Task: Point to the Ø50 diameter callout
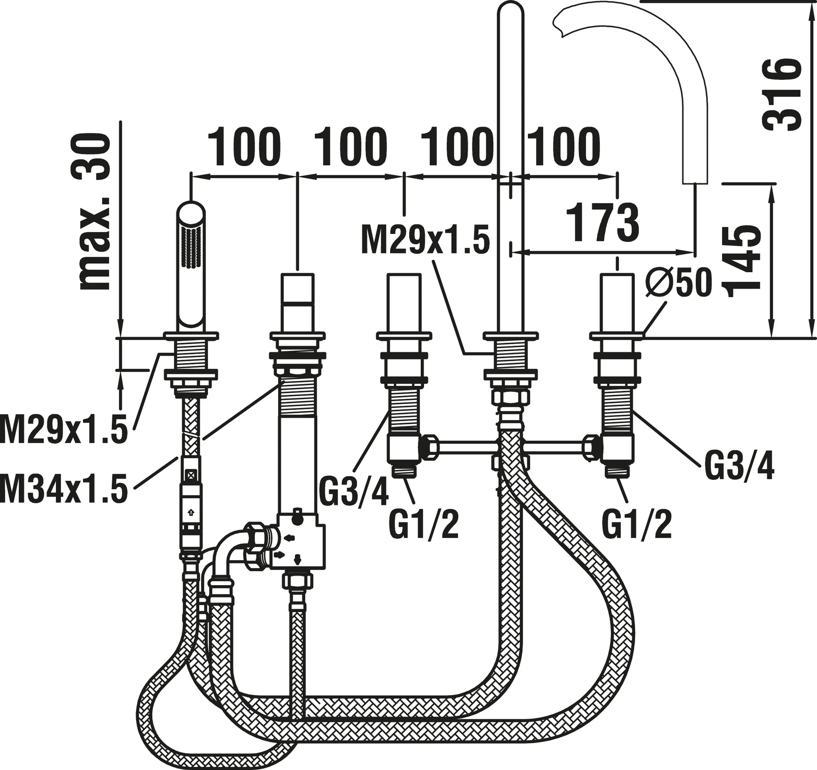click(x=678, y=282)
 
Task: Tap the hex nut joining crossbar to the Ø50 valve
click(x=592, y=447)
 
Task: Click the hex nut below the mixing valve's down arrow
click(x=297, y=582)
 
